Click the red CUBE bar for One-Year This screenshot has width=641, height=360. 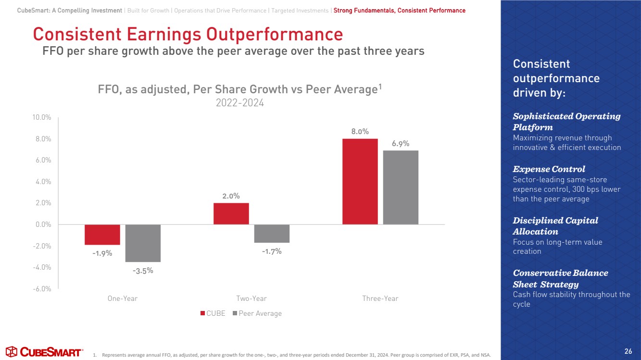point(102,235)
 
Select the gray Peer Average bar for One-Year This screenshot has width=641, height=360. point(143,243)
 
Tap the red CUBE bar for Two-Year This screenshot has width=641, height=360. point(231,213)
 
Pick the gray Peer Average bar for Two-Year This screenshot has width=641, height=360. point(272,234)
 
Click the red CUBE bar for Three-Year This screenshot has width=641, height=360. point(360,181)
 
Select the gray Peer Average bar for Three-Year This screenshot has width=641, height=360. point(401,187)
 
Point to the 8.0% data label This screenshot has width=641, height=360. point(360,131)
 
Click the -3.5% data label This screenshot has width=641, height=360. point(143,270)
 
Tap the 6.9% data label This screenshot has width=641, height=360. point(401,143)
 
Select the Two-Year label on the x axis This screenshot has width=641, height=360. point(251,298)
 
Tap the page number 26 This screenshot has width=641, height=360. point(628,350)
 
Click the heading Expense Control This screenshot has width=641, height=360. point(549,169)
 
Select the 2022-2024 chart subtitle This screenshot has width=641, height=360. point(240,103)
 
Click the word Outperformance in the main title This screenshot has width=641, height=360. point(275,35)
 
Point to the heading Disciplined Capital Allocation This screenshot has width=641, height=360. point(555,226)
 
